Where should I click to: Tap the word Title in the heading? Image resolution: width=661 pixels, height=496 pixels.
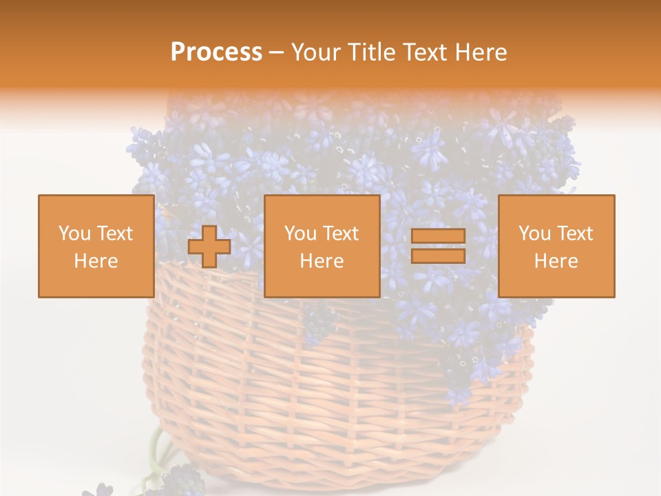[372, 52]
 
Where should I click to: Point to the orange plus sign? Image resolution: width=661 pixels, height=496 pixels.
[209, 247]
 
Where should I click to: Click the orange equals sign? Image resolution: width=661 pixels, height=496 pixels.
[438, 246]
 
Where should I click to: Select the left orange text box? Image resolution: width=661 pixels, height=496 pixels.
[96, 246]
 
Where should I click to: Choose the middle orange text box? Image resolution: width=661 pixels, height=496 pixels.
[322, 246]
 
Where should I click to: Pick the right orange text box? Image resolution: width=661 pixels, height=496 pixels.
[556, 246]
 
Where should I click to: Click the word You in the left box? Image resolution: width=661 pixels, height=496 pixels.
[74, 234]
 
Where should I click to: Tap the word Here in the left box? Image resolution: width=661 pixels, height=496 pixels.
[96, 261]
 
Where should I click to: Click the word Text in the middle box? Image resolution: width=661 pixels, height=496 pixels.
[340, 234]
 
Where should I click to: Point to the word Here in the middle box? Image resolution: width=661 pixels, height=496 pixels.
[322, 261]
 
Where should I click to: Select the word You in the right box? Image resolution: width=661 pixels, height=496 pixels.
[534, 234]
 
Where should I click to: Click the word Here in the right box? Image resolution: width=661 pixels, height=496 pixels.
[556, 261]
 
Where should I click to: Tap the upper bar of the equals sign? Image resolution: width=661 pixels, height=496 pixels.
[438, 236]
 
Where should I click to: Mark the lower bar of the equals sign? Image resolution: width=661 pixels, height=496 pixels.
[438, 256]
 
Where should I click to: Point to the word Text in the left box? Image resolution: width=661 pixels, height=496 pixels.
[114, 234]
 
